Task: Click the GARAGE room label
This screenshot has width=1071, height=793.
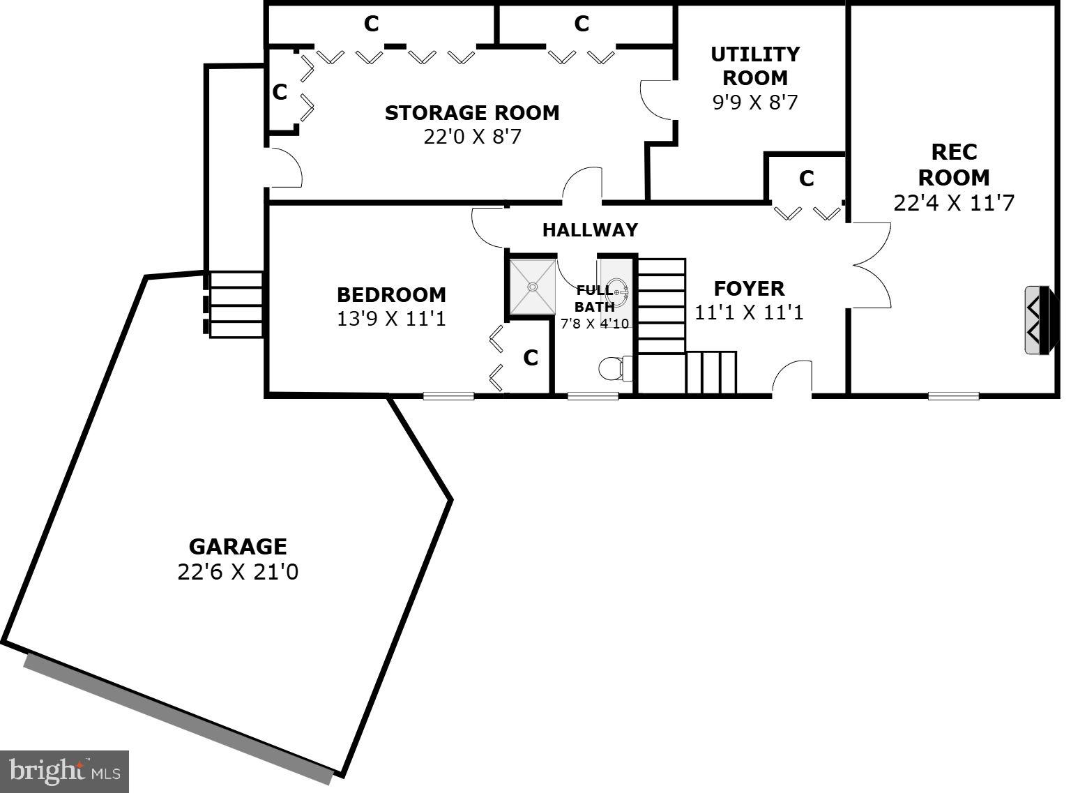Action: point(237,546)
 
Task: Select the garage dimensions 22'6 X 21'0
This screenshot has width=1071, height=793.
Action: point(237,572)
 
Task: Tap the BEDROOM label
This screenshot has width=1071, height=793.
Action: point(391,294)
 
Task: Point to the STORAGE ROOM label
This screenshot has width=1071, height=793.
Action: point(472,113)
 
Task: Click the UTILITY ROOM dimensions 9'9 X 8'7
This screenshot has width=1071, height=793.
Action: point(754,103)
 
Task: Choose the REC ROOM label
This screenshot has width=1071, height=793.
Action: point(953,165)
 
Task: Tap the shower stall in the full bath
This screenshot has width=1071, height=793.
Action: point(533,287)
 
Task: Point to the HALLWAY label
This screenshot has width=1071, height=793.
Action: point(590,229)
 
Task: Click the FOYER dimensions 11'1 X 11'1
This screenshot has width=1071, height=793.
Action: point(749,312)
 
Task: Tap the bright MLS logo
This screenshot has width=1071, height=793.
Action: point(65,771)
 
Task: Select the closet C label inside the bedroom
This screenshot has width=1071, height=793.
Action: point(531,358)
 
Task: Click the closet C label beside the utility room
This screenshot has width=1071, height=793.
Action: point(806,179)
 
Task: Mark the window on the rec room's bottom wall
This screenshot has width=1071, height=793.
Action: point(953,396)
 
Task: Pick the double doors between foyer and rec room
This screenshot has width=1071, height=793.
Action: point(872,265)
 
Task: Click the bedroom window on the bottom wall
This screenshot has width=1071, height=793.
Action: point(448,396)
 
